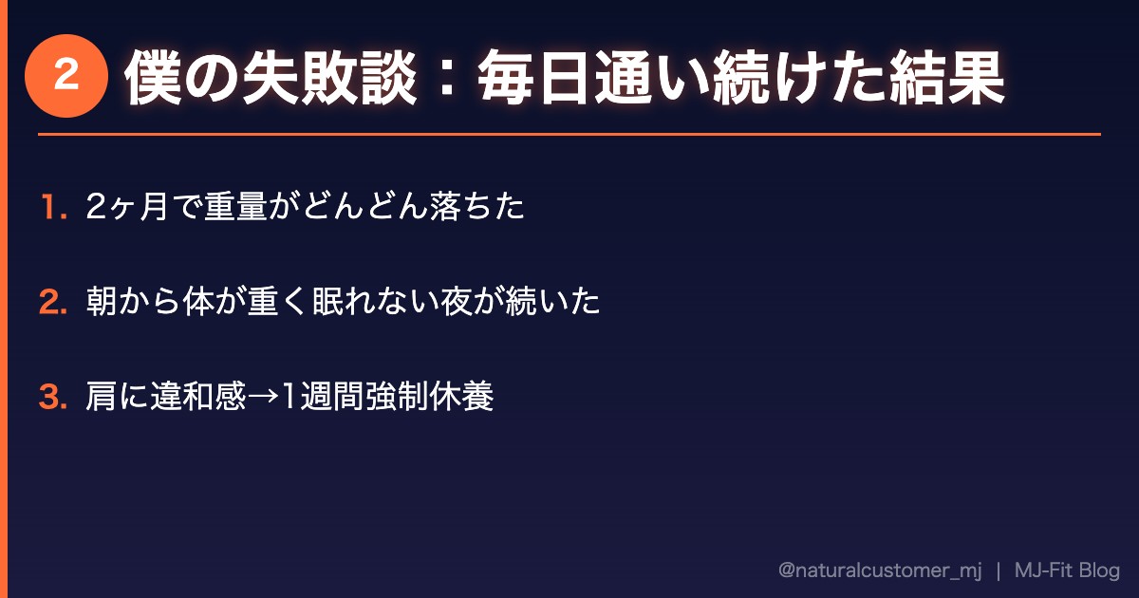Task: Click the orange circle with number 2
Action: [65, 76]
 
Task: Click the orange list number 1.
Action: [52, 208]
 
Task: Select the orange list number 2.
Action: [52, 303]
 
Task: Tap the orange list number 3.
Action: [52, 398]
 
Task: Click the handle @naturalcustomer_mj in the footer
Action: [879, 570]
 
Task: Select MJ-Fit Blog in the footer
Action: [1067, 570]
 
